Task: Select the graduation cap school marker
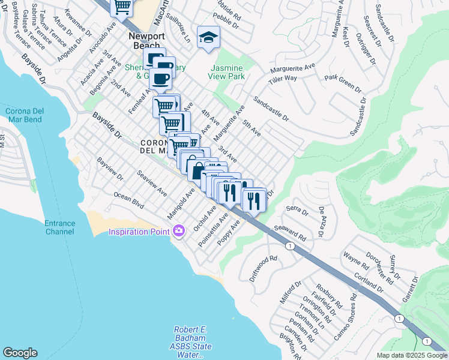[x=209, y=38]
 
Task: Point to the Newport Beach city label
[x=145, y=40]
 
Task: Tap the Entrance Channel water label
[x=60, y=227]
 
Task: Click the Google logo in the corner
[x=20, y=353]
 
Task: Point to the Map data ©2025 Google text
[x=411, y=355]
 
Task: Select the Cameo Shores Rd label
[x=346, y=316]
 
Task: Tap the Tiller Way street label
[x=283, y=79]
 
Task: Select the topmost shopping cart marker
[x=122, y=7]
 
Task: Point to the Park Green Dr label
[x=343, y=85]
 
